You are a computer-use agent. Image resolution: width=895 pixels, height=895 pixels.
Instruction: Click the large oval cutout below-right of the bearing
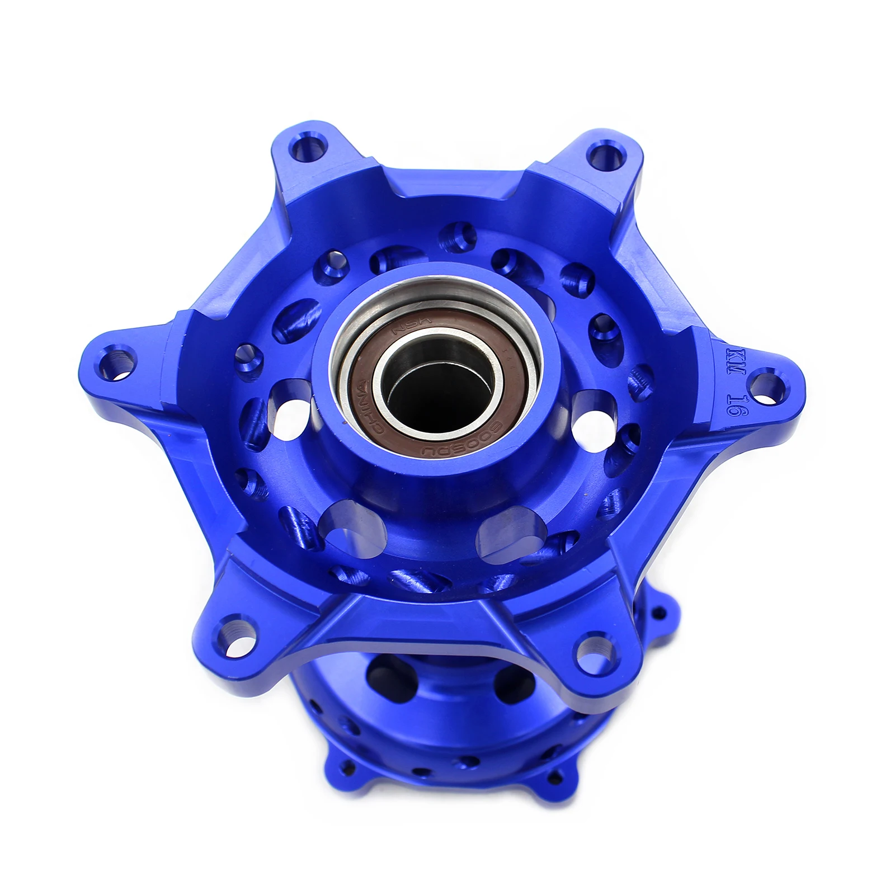point(512,531)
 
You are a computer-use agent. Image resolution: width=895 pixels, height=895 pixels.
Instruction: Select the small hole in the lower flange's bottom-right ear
point(554,773)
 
